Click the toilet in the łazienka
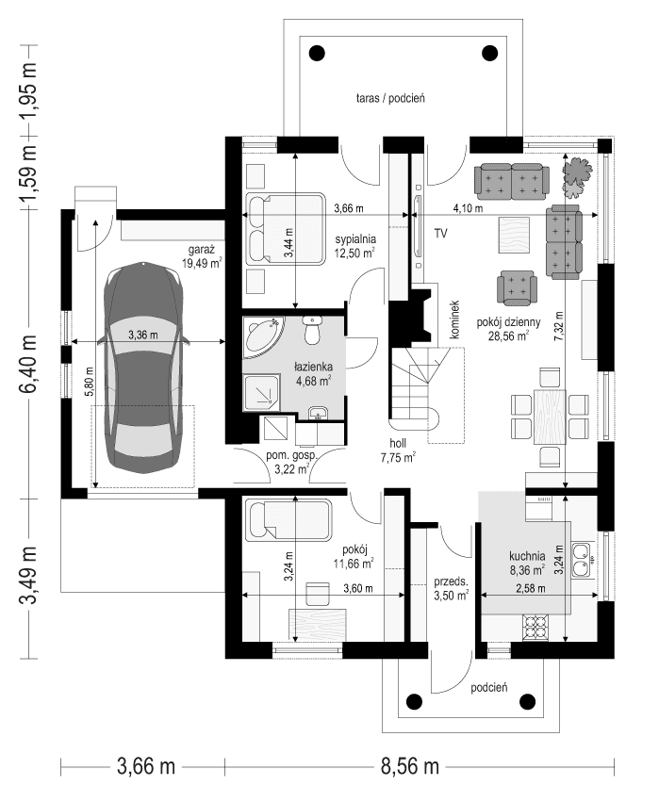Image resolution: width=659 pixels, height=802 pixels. point(313,333)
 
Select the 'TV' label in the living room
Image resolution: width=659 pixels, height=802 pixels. point(440,233)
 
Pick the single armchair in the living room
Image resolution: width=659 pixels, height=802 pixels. point(517,287)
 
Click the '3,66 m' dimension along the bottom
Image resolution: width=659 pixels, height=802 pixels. point(146,766)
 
